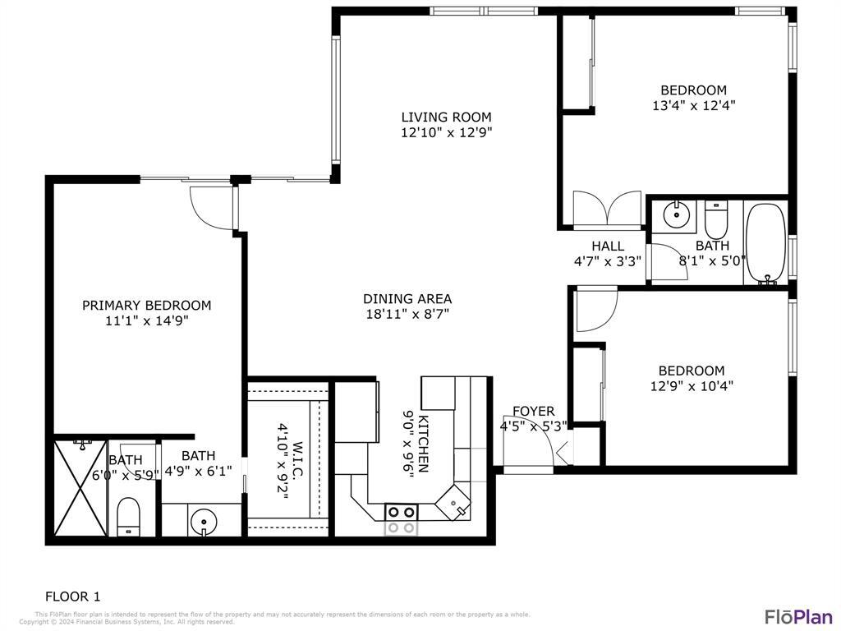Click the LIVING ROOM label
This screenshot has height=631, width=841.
[x=446, y=117]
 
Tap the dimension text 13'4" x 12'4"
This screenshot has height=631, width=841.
[x=693, y=105]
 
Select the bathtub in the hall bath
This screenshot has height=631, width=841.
[x=765, y=242]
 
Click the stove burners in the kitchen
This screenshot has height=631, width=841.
[x=401, y=520]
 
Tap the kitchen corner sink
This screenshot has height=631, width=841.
[x=455, y=503]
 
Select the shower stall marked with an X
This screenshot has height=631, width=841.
[x=80, y=490]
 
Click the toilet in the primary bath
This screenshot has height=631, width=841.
[x=129, y=517]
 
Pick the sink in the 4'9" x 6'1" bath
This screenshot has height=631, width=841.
[x=202, y=521]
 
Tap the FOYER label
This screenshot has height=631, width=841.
[x=533, y=411]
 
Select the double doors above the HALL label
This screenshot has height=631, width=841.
[x=607, y=209]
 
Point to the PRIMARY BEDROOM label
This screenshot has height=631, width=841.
[x=146, y=305]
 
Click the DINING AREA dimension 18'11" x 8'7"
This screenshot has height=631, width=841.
[x=407, y=313]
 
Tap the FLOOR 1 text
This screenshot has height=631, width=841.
[x=72, y=596]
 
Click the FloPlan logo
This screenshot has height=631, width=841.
[x=798, y=616]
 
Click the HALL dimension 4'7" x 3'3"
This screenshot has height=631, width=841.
[x=608, y=260]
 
